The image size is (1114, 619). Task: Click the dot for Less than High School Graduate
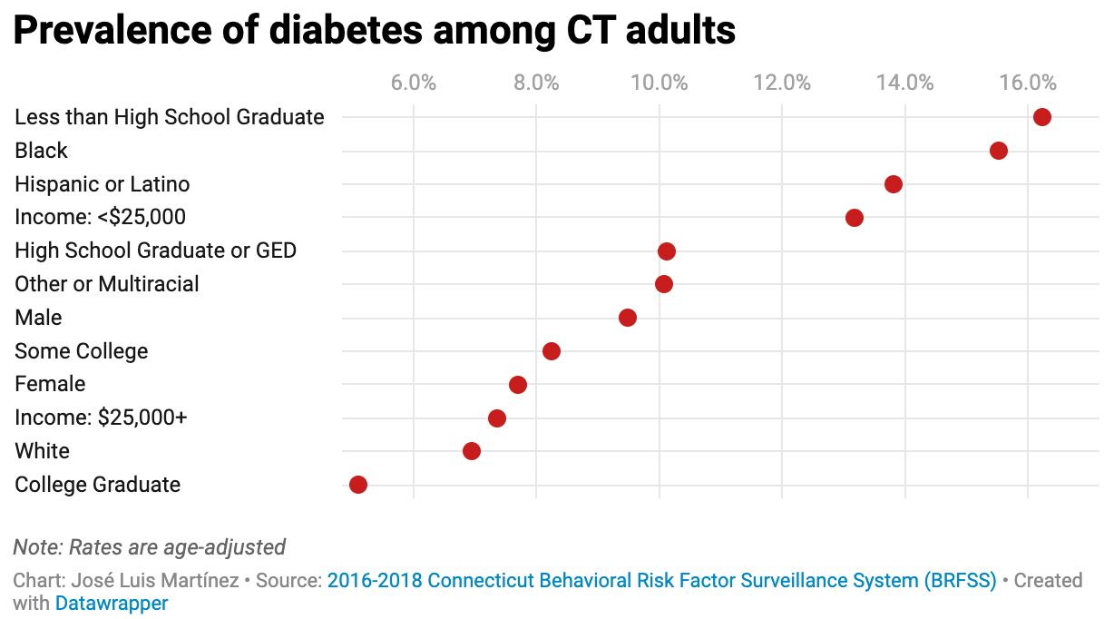coord(1041,117)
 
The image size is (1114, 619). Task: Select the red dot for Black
coord(998,151)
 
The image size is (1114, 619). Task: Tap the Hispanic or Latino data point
coord(893,184)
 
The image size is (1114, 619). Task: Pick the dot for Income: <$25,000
coord(854,218)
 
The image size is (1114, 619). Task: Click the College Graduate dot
coord(358,485)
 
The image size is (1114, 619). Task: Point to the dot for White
coord(471,451)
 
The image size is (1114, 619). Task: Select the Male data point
coord(627,318)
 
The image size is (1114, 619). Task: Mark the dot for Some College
coord(551,351)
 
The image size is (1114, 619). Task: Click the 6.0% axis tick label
coord(413,84)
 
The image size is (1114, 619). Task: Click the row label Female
coord(50,384)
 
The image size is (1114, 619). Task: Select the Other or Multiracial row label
coord(107,284)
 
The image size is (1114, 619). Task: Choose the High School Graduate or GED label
coord(155,251)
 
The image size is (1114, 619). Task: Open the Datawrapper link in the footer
coord(112,603)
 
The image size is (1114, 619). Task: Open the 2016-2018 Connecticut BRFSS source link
coord(661,580)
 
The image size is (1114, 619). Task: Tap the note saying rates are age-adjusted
coord(150,547)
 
